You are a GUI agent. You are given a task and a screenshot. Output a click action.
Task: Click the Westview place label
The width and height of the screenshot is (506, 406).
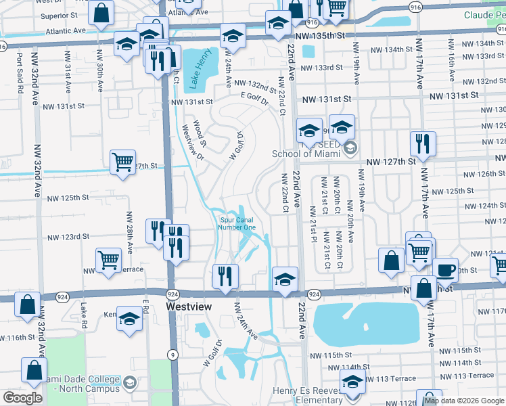pos(189,307)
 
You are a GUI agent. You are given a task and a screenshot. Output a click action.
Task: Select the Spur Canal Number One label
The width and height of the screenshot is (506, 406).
pos(237,223)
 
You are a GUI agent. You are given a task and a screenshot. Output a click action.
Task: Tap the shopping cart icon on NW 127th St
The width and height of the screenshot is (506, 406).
pos(122,162)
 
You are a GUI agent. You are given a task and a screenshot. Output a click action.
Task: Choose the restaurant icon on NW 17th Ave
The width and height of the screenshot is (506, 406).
pos(423,143)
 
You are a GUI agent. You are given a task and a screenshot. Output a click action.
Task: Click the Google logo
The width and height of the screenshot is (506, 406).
pos(22,398)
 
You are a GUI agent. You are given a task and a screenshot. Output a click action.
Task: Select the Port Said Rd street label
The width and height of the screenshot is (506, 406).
pos(20,72)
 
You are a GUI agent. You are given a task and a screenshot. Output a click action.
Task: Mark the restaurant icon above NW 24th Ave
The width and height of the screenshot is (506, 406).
pos(225,275)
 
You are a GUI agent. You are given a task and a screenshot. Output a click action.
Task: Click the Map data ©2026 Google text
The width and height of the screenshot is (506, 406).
pos(465,401)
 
